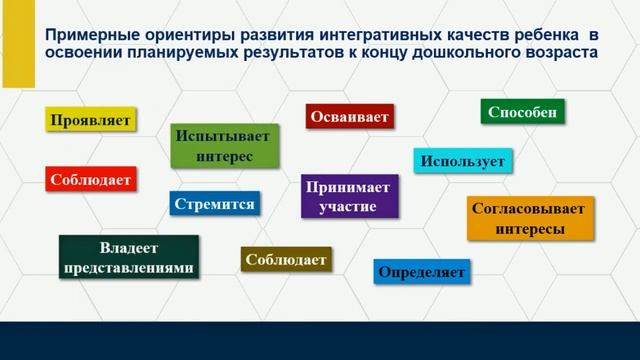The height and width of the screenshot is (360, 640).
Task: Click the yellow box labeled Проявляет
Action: [x=90, y=120]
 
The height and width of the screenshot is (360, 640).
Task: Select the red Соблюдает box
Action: [x=90, y=180]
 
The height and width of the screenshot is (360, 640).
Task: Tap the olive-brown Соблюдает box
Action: [x=285, y=259]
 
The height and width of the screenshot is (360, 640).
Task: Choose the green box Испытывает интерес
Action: [x=224, y=145]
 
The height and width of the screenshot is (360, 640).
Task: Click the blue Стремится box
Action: [x=214, y=204]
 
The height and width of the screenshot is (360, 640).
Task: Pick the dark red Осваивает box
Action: [x=349, y=116]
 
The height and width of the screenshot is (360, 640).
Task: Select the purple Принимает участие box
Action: [x=350, y=196]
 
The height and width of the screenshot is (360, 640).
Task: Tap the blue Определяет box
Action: [x=422, y=271]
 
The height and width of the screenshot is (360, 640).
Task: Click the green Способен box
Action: [x=523, y=111]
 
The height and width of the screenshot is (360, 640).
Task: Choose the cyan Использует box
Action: [x=463, y=161]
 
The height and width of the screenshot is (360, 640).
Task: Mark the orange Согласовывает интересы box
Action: [x=530, y=218]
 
